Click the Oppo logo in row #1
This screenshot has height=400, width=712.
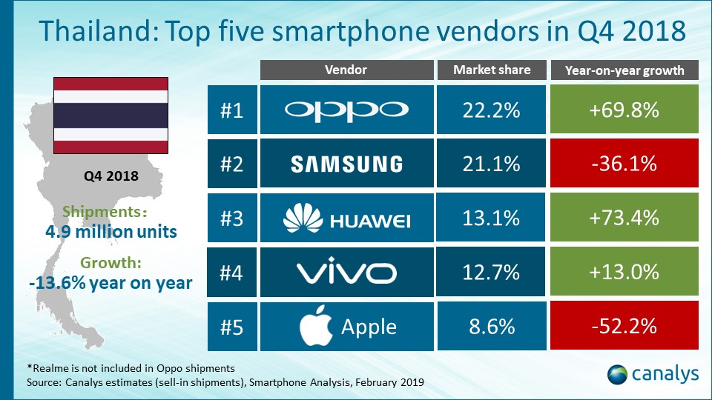[346, 110]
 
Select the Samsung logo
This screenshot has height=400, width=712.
[346, 164]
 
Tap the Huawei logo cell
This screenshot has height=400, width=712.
[346, 218]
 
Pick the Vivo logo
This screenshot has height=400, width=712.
[346, 272]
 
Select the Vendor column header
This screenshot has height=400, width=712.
[346, 70]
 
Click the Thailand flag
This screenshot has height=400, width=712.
[110, 114]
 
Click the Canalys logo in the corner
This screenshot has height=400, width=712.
[653, 374]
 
